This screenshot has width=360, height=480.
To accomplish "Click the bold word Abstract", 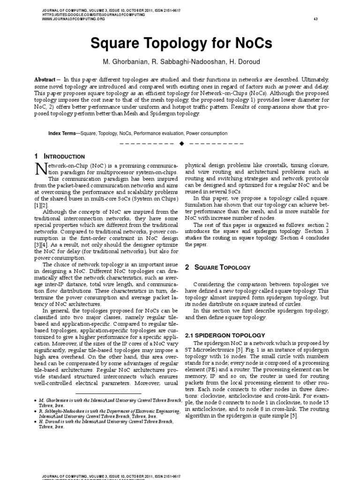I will point(47,80).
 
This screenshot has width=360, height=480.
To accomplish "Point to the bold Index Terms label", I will point(63,134).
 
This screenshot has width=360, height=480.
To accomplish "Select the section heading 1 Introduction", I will point(60,157).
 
